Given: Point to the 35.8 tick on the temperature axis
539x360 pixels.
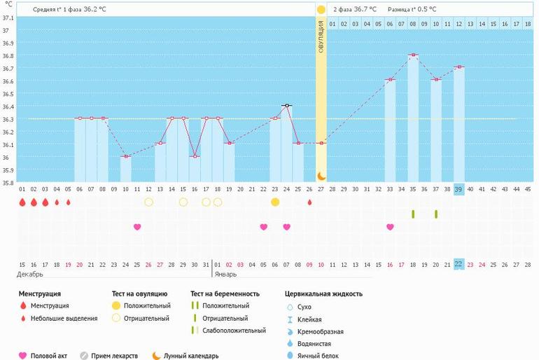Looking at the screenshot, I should [x=7, y=183].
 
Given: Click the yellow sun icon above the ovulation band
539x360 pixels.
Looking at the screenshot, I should [x=321, y=10].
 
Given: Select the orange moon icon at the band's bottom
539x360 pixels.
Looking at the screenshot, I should [x=321, y=176].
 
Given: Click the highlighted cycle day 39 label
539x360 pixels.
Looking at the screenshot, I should [x=458, y=189].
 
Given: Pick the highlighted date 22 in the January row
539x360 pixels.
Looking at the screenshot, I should [x=458, y=264].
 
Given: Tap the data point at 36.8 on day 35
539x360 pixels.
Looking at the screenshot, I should [x=413, y=55].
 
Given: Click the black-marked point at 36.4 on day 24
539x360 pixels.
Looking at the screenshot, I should [x=286, y=105].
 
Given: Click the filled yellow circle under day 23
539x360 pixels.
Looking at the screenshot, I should [x=275, y=202].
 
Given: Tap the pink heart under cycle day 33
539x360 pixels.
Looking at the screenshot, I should [x=390, y=227].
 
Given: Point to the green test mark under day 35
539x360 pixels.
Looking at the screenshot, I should [x=413, y=214].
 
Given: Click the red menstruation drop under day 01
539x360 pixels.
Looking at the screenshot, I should [x=22, y=202].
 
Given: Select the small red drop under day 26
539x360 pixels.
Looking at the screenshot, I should [x=309, y=202].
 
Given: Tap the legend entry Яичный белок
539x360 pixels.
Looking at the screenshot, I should [x=316, y=356].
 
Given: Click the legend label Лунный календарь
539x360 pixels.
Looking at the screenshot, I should [x=191, y=355].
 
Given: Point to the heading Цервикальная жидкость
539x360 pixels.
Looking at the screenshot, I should [x=323, y=293].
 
